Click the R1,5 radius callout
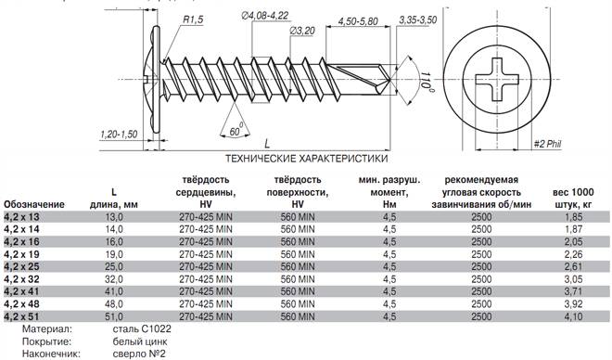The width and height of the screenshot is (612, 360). [x=193, y=19]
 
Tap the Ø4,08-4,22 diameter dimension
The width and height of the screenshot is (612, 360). [x=265, y=16]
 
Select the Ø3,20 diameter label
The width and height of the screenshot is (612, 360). [x=302, y=32]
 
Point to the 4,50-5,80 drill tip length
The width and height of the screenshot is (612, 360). [x=358, y=21]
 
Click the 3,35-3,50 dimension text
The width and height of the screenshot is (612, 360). [x=418, y=19]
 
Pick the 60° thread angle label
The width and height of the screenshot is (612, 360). [x=236, y=130]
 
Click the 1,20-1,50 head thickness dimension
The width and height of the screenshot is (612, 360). [x=119, y=135]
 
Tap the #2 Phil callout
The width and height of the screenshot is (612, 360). [x=548, y=144]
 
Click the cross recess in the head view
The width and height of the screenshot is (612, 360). [x=496, y=80]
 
